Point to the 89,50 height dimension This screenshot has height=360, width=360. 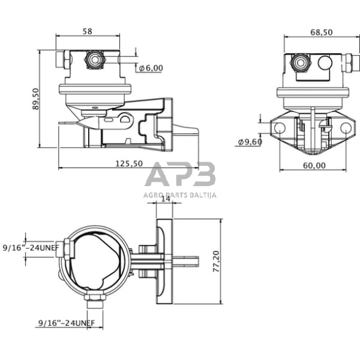click(x=36, y=99)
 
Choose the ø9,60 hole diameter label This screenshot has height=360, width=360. click(x=250, y=142)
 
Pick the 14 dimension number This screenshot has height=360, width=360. click(x=165, y=199)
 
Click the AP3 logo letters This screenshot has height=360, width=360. click(x=180, y=175)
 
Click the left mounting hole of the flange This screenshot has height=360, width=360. click(x=279, y=129)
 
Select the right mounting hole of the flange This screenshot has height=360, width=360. click(x=346, y=129)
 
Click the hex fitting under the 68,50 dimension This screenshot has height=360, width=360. click(x=301, y=61)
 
